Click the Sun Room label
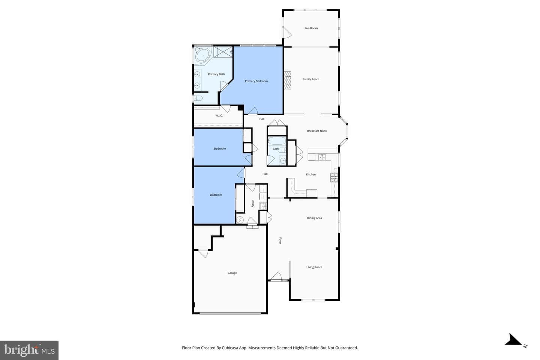[311, 28]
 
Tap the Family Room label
[311, 79]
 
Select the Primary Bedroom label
[256, 81]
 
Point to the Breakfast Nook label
[317, 131]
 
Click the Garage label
[232, 273]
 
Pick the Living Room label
[314, 267]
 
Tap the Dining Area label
[314, 218]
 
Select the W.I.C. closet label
[219, 115]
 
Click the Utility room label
[253, 203]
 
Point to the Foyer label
[280, 241]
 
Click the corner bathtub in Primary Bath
[202, 55]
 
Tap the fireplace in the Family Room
[287, 81]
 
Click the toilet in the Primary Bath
[198, 98]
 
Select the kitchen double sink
[322, 157]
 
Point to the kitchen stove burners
[334, 177]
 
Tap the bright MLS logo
[29, 350]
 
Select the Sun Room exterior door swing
[287, 33]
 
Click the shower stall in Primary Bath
[223, 52]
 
